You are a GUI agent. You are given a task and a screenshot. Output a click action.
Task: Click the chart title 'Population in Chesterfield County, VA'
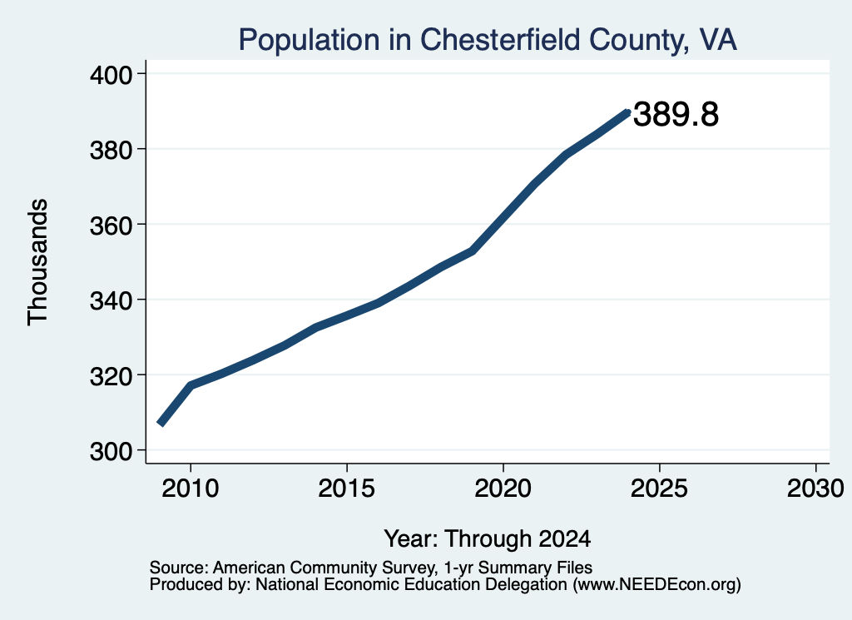tap(488, 40)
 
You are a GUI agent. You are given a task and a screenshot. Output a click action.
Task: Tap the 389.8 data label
tap(676, 114)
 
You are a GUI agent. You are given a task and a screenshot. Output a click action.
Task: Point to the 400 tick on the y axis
tap(111, 75)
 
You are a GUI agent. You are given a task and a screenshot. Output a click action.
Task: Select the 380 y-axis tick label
tap(111, 150)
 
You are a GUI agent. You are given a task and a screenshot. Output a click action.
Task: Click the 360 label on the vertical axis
tap(111, 226)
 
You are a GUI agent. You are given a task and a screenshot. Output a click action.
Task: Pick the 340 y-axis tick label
tap(111, 300)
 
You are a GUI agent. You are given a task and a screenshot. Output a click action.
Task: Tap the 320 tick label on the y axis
tap(111, 376)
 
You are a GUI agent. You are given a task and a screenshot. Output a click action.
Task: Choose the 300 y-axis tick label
tap(111, 451)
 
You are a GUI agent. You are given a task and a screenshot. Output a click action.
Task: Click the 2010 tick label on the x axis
tap(191, 489)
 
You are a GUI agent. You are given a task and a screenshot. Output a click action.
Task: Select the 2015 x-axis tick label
tap(347, 489)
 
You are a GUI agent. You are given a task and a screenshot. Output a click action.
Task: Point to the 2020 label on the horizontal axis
tap(503, 489)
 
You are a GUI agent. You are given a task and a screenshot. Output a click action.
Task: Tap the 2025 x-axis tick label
tap(659, 489)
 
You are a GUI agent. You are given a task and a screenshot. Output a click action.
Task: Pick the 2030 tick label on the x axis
tap(815, 489)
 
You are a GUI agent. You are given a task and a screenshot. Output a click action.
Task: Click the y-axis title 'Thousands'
tap(38, 262)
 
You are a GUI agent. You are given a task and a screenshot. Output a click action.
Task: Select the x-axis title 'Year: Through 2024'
tap(488, 539)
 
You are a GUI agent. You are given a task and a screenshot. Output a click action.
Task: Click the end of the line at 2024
tap(628, 112)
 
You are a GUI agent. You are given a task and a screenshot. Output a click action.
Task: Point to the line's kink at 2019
tap(473, 251)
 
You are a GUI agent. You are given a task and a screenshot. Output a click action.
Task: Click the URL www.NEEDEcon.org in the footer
tap(657, 585)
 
